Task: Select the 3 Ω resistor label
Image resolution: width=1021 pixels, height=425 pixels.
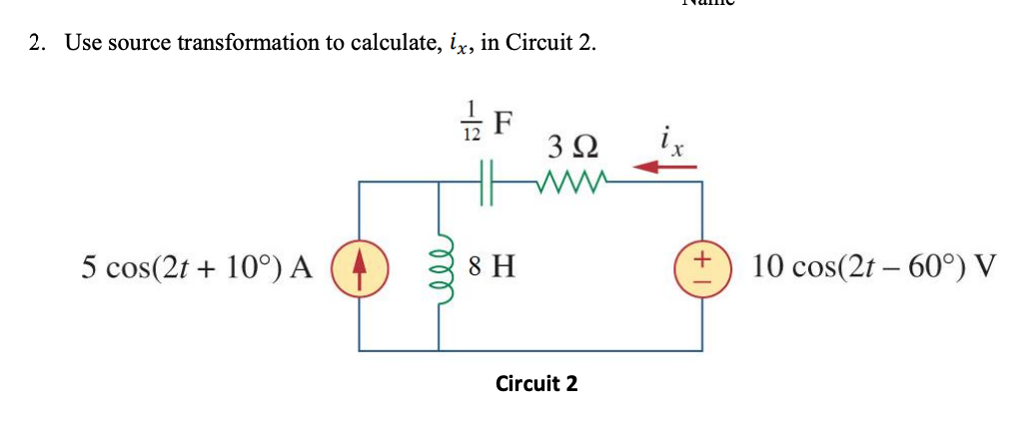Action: tap(572, 148)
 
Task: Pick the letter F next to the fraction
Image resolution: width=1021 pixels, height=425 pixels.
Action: tap(505, 121)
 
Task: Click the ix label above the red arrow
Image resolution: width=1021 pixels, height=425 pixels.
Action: tap(670, 140)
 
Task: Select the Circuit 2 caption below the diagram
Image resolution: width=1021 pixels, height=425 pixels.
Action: tap(536, 383)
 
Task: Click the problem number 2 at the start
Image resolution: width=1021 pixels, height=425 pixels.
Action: tap(36, 44)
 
